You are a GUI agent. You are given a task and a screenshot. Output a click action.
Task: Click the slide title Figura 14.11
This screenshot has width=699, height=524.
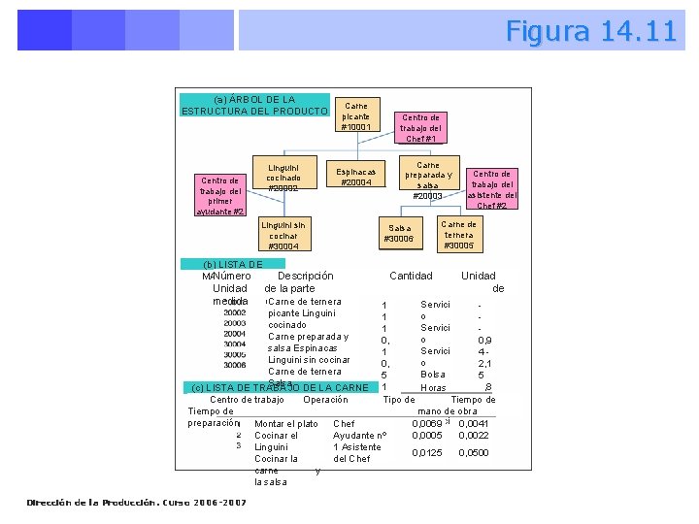click(590, 31)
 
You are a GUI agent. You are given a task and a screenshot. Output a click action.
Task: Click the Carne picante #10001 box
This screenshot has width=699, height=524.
click(356, 116)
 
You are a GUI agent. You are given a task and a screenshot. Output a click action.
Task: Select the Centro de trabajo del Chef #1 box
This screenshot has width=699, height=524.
click(421, 128)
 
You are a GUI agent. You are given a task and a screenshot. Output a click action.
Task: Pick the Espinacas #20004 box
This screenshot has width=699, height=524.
click(356, 178)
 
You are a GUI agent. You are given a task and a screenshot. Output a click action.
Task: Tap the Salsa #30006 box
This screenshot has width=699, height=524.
click(398, 233)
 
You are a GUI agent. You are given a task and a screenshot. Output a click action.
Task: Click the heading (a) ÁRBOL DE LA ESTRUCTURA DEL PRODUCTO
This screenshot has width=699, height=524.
click(253, 105)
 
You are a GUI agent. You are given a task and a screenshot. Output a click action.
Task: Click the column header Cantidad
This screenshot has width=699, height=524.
click(411, 277)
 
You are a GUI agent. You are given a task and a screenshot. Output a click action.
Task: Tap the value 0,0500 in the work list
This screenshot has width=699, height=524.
click(474, 453)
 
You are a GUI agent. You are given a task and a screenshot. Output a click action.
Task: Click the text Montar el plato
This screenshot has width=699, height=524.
click(285, 424)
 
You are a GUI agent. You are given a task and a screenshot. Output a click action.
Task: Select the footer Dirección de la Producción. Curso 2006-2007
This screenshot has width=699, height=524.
click(136, 503)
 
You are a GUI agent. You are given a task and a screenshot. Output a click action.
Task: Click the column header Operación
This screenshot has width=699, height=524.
click(325, 400)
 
